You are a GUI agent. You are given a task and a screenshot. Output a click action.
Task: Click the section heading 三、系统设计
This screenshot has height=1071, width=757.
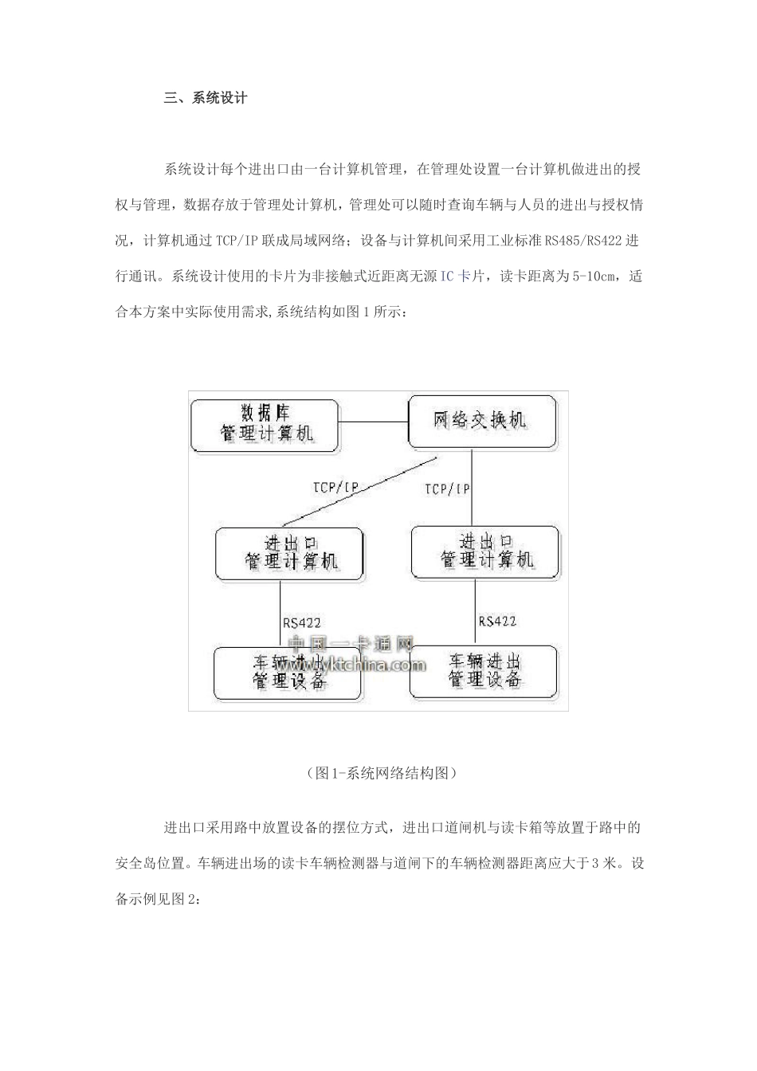point(206,99)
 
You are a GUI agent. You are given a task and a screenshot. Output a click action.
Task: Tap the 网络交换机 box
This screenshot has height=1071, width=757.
point(481,420)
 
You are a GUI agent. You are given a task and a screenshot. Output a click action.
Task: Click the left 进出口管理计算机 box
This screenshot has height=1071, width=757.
point(290,553)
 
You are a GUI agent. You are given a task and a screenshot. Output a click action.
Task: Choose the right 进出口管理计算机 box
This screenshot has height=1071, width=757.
point(484,551)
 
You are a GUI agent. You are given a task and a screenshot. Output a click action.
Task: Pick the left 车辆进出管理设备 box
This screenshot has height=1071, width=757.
point(288,673)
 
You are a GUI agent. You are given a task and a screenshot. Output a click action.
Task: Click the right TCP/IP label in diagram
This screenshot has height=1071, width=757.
point(447,488)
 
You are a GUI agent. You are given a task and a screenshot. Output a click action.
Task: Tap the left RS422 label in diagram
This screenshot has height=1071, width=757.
point(302,622)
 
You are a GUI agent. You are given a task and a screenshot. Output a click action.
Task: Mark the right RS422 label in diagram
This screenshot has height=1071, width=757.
point(497,621)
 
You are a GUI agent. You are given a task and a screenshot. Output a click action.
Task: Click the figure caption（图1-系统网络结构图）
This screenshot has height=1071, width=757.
point(379,773)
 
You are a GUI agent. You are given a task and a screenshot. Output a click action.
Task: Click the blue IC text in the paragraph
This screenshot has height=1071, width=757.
point(448,277)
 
